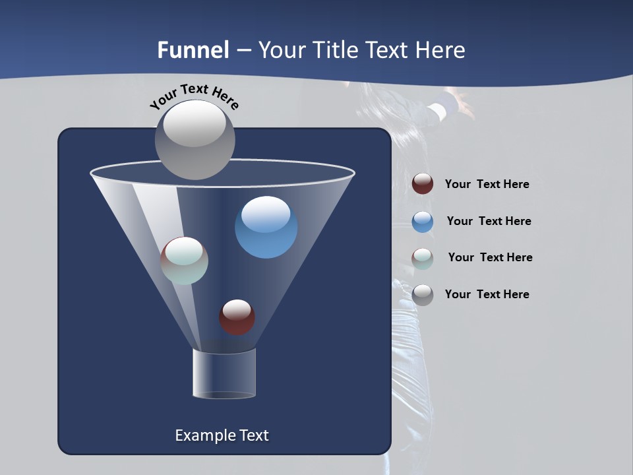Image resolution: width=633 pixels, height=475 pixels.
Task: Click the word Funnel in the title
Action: (193, 50)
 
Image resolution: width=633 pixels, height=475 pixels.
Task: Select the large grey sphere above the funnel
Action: (195, 139)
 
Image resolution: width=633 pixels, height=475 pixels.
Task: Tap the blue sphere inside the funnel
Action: (266, 227)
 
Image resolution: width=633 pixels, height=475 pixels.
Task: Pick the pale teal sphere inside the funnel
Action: (185, 261)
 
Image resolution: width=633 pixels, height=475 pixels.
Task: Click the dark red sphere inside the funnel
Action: (237, 317)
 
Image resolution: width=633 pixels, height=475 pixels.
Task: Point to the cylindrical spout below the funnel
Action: (224, 373)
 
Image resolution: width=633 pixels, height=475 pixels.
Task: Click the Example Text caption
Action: (222, 435)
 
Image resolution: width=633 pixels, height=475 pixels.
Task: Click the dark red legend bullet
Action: (423, 184)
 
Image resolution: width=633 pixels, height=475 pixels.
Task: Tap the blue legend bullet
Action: (423, 222)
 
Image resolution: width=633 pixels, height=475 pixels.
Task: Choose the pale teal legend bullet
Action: (423, 258)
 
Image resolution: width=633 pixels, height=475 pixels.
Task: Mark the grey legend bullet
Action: (423, 294)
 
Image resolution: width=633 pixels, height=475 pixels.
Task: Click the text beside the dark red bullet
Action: (487, 184)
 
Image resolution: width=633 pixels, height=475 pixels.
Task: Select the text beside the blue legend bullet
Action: (489, 221)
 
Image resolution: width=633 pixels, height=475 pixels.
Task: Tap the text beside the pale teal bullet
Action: (490, 257)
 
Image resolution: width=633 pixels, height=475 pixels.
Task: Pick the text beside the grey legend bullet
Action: (487, 294)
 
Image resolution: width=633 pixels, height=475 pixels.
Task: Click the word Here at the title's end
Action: (439, 50)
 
